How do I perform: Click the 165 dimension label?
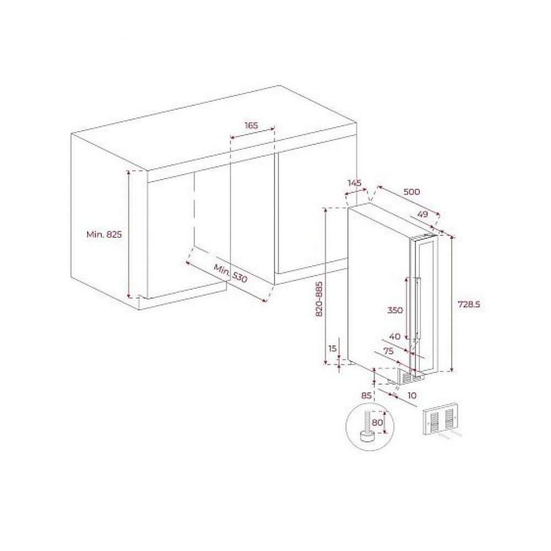(251, 126)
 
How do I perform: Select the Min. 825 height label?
(104, 234)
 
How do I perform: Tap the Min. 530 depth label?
(230, 272)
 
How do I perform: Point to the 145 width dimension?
(354, 183)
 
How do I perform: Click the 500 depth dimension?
(412, 192)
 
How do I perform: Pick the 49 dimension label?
(423, 214)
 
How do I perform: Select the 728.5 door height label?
(469, 304)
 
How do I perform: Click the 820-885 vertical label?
(319, 299)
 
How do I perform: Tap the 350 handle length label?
(395, 310)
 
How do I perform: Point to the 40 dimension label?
(395, 337)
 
